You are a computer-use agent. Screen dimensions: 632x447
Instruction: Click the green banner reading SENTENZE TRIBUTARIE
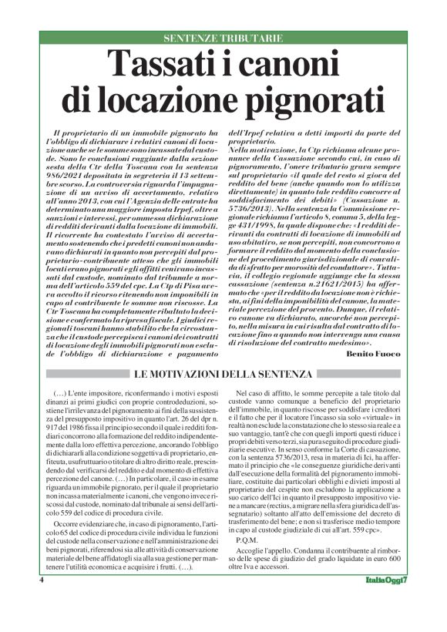click(x=223, y=38)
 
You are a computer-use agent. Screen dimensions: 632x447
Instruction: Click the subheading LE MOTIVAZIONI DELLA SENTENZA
click(x=223, y=375)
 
